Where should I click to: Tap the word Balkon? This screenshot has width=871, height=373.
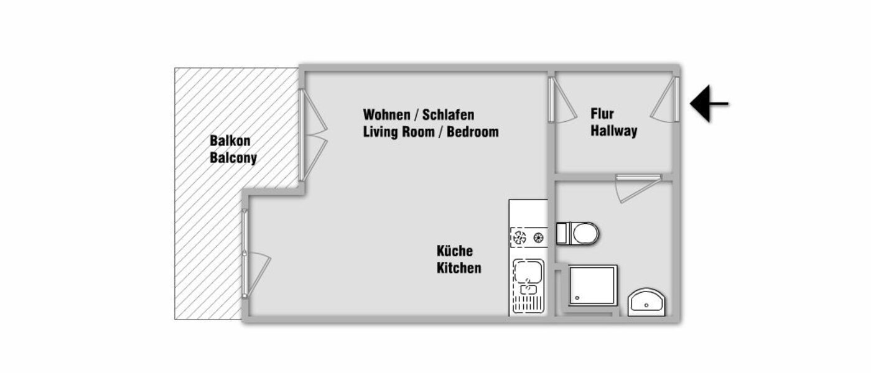pyautogui.click(x=230, y=141)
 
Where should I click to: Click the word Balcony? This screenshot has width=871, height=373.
pyautogui.click(x=233, y=158)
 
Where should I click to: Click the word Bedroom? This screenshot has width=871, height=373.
pyautogui.click(x=473, y=132)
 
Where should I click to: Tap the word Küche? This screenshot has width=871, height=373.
pyautogui.click(x=454, y=251)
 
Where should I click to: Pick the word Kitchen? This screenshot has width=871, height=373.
pyautogui.click(x=459, y=269)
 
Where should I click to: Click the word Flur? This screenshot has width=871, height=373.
pyautogui.click(x=602, y=114)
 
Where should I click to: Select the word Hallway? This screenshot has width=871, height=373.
pyautogui.click(x=614, y=131)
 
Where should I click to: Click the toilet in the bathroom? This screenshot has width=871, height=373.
pyautogui.click(x=578, y=234)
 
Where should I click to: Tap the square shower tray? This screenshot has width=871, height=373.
pyautogui.click(x=594, y=285)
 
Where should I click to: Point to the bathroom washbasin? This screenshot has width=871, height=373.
pyautogui.click(x=647, y=302)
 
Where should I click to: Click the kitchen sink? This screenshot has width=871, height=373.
pyautogui.click(x=528, y=274)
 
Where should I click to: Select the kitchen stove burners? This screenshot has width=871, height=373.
pyautogui.click(x=528, y=237)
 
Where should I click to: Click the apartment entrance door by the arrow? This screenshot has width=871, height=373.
pyautogui.click(x=666, y=99)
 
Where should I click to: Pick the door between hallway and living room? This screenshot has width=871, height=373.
pyautogui.click(x=562, y=99)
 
